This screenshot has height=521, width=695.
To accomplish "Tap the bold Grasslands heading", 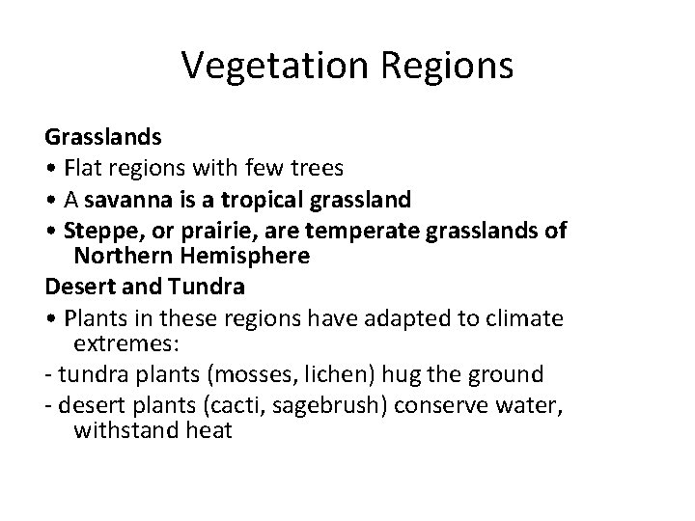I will pos(103,138).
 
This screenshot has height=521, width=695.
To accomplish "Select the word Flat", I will pos(86,168).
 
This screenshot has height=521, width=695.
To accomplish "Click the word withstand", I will pos(123,431).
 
